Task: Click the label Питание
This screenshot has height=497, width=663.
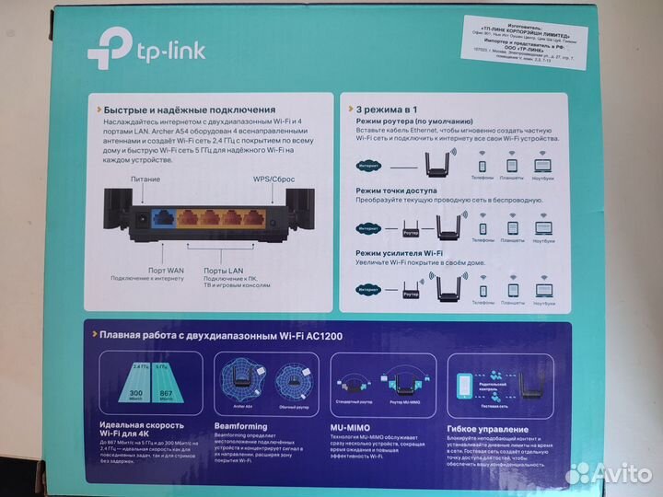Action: (145, 179)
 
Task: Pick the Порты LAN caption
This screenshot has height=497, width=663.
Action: (225, 271)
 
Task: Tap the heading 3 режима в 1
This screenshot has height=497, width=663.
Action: (379, 108)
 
